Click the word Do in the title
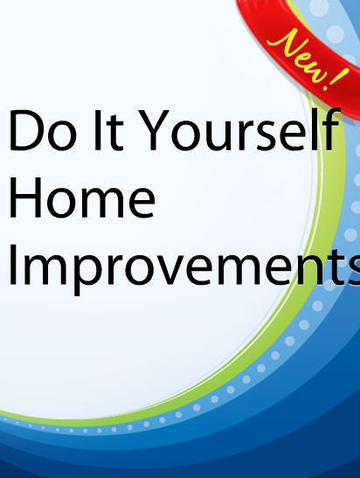42,130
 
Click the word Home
82,197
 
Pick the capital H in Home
25,197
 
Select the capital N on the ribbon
282,42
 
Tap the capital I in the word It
97,130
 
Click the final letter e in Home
142,203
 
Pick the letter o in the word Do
61,135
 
